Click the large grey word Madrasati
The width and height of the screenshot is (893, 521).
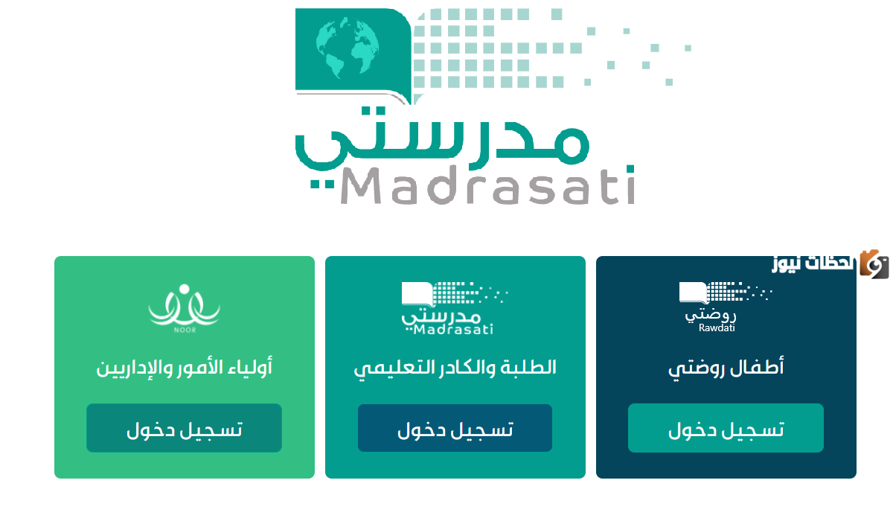488,186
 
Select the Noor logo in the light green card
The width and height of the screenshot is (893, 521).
184,305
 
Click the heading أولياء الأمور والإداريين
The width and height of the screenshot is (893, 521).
185,367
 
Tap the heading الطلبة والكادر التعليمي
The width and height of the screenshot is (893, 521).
455,367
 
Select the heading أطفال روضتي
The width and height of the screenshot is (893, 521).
726,367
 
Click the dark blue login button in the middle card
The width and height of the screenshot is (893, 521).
455,428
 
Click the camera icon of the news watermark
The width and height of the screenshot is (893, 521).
874,263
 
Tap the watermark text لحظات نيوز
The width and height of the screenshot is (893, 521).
813,263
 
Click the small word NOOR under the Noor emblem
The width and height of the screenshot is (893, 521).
184,325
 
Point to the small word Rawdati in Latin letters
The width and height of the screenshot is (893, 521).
717,327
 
